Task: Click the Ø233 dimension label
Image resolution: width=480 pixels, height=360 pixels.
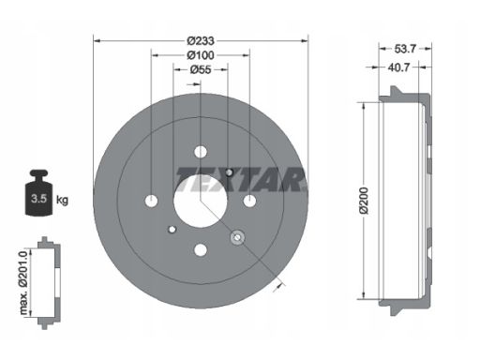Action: [201, 40]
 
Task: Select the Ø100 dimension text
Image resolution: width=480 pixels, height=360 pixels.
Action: [201, 55]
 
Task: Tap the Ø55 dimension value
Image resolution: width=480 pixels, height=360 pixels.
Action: [201, 69]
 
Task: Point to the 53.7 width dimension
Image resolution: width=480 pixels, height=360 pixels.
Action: [405, 49]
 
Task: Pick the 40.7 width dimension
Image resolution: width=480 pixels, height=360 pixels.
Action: [398, 67]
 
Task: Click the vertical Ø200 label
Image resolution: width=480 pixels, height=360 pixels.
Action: [364, 201]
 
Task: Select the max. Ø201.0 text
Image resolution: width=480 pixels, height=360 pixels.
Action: [23, 282]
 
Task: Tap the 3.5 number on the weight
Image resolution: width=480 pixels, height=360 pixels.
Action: [38, 198]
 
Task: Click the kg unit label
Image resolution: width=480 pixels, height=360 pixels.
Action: [62, 200]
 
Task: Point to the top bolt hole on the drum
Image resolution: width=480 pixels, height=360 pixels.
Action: [201, 152]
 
